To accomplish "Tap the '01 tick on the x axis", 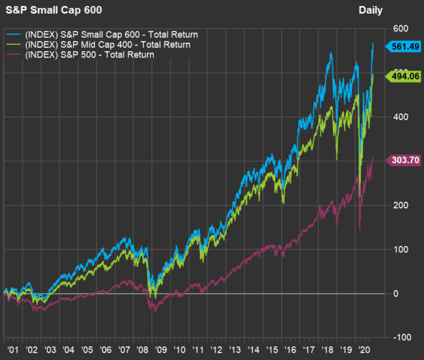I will (12, 347).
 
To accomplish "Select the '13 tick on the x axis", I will (234, 347).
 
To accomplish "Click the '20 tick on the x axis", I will (363, 347).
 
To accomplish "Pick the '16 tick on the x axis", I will (289, 347).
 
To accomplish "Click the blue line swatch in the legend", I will (13, 33).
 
